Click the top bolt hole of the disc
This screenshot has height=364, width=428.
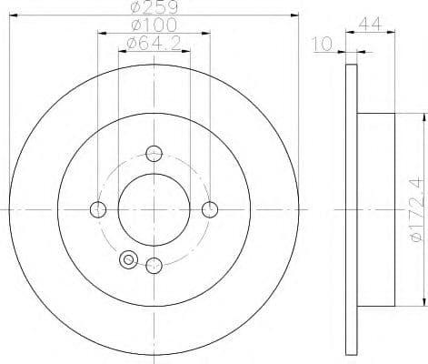coord(154,153)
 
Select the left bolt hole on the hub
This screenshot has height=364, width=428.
coord(98,209)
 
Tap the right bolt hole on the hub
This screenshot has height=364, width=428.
coord(211,209)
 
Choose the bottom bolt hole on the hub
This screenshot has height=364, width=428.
coord(154,266)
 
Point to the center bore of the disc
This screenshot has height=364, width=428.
coord(154,209)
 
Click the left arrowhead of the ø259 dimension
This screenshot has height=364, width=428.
coord(12,15)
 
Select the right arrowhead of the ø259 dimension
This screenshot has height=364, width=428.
coord(296,15)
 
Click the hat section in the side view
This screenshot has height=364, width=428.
coord(377,209)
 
